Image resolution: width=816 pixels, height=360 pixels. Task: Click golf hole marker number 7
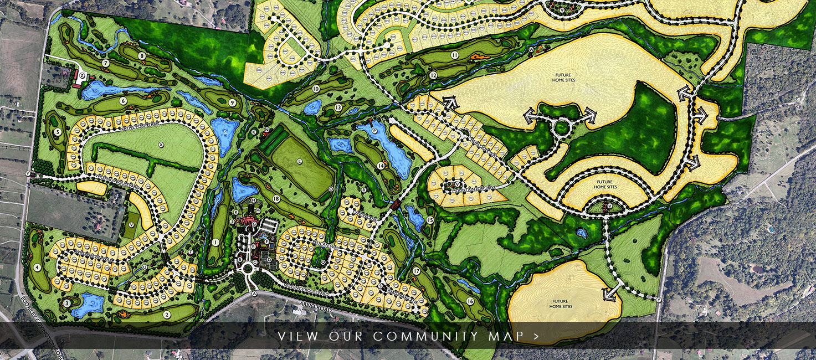click(x=105, y=63)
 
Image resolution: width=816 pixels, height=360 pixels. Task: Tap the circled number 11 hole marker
click(x=454, y=55)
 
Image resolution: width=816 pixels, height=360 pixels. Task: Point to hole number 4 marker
click(x=37, y=267)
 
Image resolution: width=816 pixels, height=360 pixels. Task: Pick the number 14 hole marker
click(x=381, y=166)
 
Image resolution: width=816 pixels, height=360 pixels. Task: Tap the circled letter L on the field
click(x=300, y=161)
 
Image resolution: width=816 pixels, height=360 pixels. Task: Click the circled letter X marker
click(x=161, y=145)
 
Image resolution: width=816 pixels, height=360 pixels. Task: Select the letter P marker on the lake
click(x=374, y=131)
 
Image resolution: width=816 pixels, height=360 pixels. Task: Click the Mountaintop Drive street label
click(x=470, y=189)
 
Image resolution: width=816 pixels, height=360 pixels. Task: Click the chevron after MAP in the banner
click(x=536, y=336)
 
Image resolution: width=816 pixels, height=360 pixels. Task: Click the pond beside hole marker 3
click(x=89, y=304)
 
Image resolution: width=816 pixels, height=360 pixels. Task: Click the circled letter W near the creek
click(x=530, y=50)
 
